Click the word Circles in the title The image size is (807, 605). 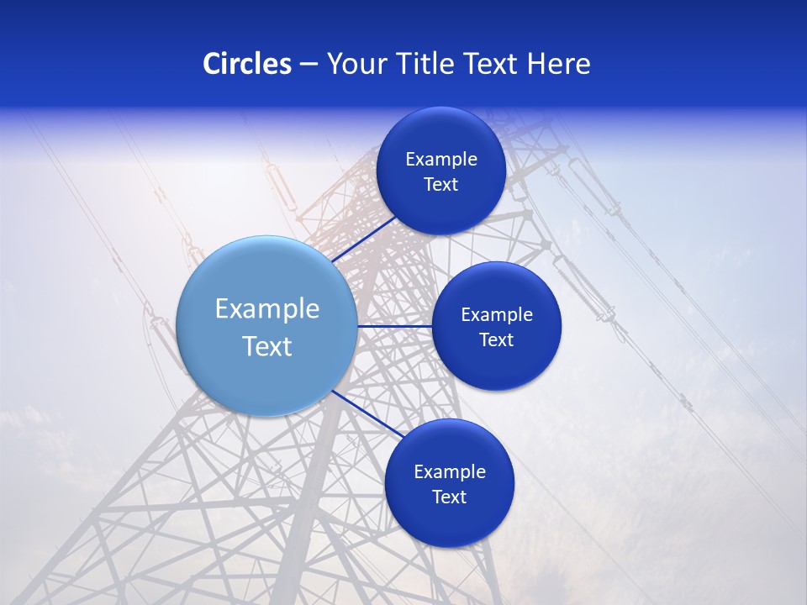pos(246,64)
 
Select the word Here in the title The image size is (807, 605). pos(558,64)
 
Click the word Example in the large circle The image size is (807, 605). pos(267,309)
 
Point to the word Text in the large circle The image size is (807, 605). pos(267,346)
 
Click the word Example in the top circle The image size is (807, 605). pos(441,160)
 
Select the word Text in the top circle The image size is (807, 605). pos(440,185)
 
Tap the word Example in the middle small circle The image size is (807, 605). pos(497,315)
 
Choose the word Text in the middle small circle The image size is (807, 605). pos(496,340)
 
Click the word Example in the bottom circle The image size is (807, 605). pos(450,472)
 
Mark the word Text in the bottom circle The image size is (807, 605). pos(449,497)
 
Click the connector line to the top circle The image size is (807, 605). pos(363,239)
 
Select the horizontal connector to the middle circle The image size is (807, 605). pos(393,326)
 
